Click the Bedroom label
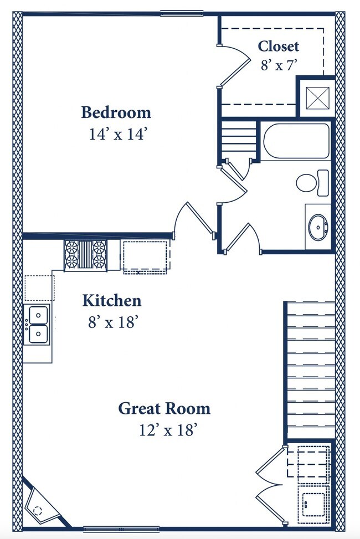116,112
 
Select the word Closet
278,46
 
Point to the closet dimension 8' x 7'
280,65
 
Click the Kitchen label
112,301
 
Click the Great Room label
164,409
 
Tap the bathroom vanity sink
318,227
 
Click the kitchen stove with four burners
85,255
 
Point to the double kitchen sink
38,325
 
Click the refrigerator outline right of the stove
145,256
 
